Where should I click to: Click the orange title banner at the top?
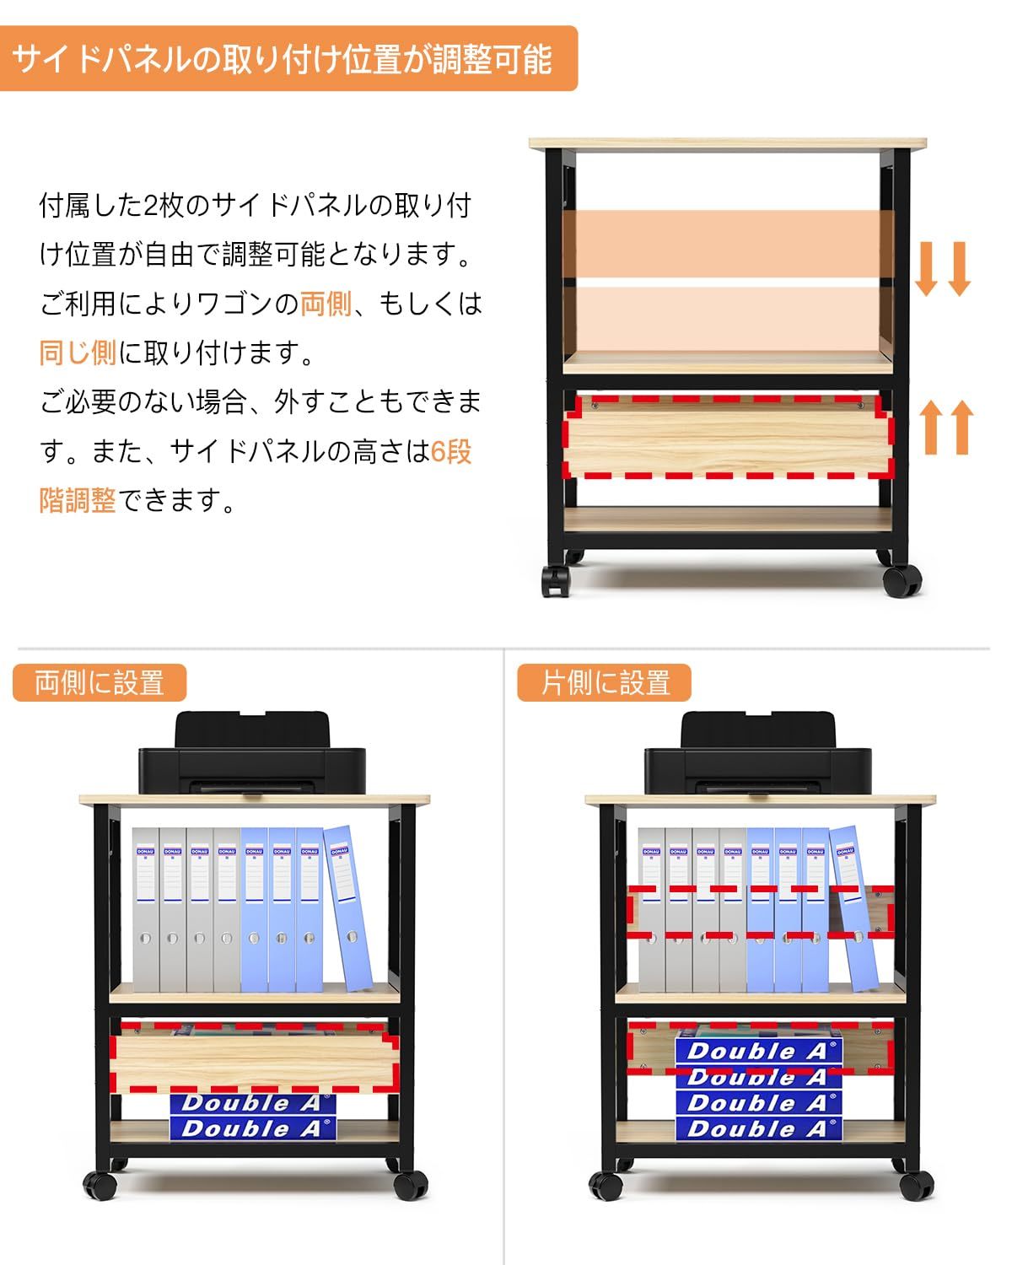coord(288,59)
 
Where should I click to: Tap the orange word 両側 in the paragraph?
coord(326,304)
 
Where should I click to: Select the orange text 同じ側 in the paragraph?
coord(78,353)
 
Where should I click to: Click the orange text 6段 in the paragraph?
coord(451,452)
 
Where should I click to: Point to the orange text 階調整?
coord(78,501)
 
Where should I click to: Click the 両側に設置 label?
coord(100,683)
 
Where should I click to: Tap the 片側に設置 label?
coord(605,683)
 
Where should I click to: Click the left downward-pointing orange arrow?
coord(927,268)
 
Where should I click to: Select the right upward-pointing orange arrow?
coord(960,427)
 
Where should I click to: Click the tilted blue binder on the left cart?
coord(349,907)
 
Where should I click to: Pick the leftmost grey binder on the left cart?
coord(146,909)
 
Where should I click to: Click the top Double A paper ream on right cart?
coord(758,1051)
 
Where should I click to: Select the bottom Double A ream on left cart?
coord(252,1128)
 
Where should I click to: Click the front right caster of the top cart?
coord(902,581)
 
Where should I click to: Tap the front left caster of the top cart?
coord(556,581)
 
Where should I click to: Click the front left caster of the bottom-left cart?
coord(100,1185)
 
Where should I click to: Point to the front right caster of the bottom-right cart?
coord(916,1185)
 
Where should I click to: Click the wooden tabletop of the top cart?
coord(728,143)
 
